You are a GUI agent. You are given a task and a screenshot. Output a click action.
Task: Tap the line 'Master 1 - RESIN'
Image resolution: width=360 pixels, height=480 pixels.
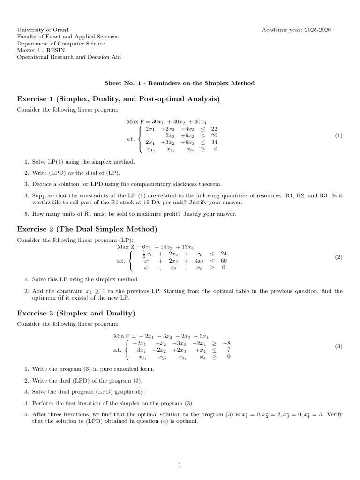(x=39, y=50)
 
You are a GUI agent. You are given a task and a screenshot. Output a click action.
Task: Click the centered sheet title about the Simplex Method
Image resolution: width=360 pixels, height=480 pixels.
(x=180, y=83)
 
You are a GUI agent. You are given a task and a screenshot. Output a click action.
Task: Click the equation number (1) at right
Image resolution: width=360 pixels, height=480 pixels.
(x=338, y=135)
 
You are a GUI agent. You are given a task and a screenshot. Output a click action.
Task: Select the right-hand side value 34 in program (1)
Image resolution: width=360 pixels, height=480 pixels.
(x=214, y=142)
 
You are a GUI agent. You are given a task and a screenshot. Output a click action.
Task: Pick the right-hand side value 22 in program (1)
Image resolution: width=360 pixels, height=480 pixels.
(x=214, y=128)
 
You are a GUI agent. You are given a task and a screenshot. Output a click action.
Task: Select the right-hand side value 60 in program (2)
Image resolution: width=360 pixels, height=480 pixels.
(x=223, y=261)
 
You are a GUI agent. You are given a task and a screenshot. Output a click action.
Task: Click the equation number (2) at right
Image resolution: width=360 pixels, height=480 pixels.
(x=338, y=257)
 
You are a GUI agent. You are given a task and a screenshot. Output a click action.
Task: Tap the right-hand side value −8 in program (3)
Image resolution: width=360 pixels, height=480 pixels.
(x=226, y=343)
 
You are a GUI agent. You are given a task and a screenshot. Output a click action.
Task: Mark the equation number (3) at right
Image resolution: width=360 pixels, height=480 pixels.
(x=338, y=346)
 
